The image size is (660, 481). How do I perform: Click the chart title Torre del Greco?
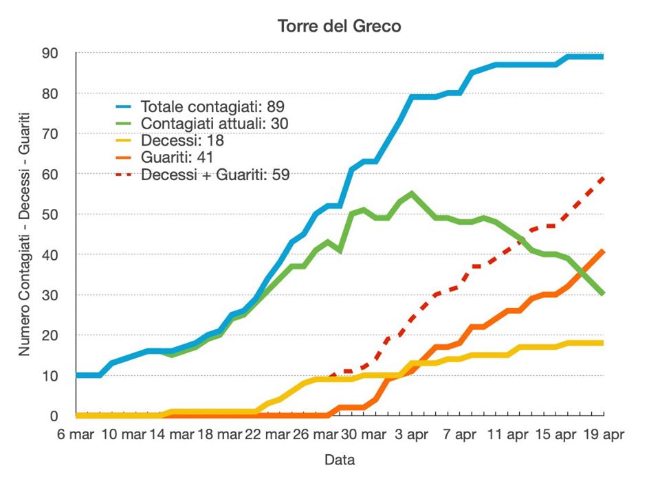339,26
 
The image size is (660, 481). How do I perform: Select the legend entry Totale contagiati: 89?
212,107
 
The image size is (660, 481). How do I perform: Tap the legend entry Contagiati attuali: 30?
214,124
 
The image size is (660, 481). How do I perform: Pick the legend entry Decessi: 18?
182,141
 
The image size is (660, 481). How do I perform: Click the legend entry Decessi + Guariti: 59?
215,175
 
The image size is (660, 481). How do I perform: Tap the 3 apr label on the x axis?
411,434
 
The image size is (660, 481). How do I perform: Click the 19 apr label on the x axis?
602,434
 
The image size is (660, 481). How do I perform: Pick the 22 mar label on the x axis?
267,434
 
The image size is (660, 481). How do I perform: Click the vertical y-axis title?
24,234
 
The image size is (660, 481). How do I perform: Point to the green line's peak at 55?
411,194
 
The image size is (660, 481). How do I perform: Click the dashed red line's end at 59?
603,178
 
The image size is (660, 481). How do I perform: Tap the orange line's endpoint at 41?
603,251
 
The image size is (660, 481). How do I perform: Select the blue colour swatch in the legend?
124,107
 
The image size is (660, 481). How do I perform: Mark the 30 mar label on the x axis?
363,434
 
